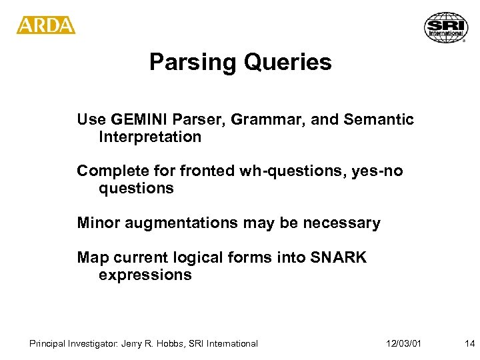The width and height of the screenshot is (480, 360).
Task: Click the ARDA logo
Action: pyautogui.click(x=46, y=25)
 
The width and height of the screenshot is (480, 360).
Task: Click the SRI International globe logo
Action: pyautogui.click(x=446, y=27)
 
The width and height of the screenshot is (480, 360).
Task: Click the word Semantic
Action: pyautogui.click(x=378, y=120)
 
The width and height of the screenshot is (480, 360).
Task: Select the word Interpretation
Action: pyautogui.click(x=150, y=137)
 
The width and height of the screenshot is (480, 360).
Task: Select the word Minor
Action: pyautogui.click(x=97, y=223)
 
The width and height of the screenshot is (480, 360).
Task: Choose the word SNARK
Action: pyautogui.click(x=339, y=257)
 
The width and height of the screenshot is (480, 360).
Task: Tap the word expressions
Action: pyautogui.click(x=145, y=275)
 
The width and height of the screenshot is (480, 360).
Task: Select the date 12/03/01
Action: pyautogui.click(x=403, y=344)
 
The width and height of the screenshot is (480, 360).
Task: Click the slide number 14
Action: pyautogui.click(x=469, y=344)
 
